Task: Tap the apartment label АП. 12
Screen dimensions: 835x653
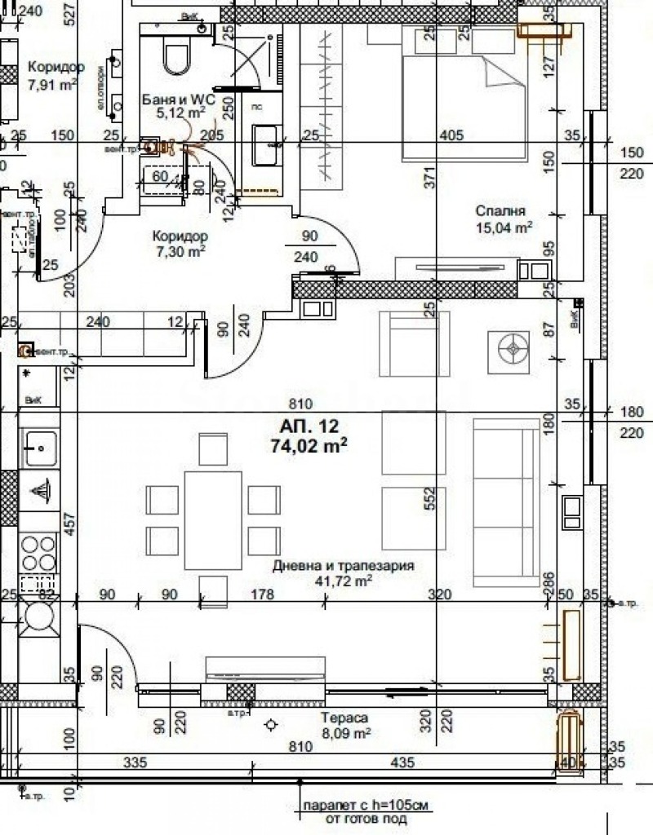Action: [309, 425]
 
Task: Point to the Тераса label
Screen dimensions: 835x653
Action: [344, 718]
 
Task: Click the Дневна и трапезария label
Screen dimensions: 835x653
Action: [344, 565]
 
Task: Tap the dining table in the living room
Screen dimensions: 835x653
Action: [213, 520]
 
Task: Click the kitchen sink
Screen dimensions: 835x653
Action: [38, 447]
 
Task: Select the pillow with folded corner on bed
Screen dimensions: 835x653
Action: [501, 73]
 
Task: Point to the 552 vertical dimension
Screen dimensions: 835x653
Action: [431, 497]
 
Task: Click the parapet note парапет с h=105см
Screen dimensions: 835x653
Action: [365, 805]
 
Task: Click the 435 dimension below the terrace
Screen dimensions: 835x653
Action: [403, 762]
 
